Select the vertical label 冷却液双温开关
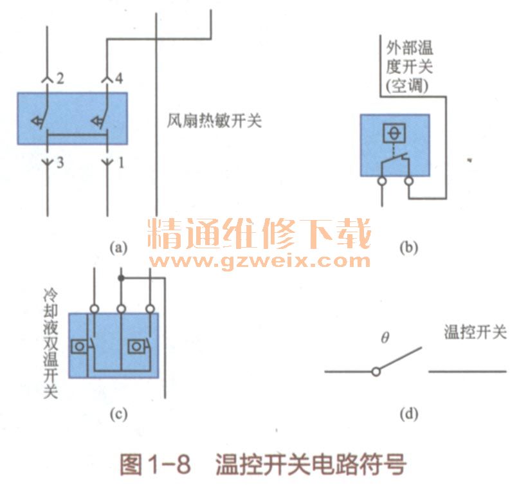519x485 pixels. click(50, 342)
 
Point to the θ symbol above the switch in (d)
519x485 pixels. click(385, 336)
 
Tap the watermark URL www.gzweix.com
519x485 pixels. click(260, 261)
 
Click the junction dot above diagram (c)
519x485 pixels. click(120, 278)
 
